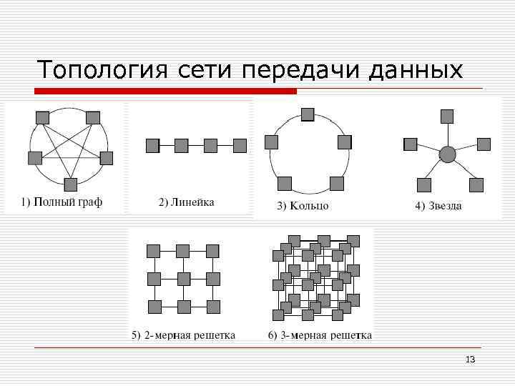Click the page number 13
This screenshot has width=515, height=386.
click(470, 359)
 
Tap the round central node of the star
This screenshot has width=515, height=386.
click(447, 154)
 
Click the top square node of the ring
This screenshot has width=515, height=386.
click(308, 114)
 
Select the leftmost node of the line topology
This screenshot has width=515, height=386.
click(152, 146)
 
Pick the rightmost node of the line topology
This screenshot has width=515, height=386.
click(240, 146)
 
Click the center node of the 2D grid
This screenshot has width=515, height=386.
click(183, 279)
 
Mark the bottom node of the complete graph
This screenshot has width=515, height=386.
click(70, 184)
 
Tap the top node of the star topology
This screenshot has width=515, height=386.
click(447, 116)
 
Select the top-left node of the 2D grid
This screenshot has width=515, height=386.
click(153, 251)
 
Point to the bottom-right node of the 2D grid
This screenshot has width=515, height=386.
click(213, 307)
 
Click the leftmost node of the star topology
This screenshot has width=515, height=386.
click(410, 144)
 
